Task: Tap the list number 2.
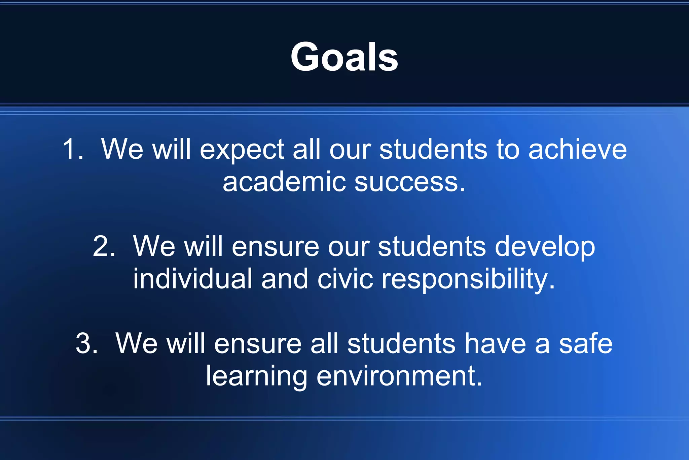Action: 104,246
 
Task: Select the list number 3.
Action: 86,343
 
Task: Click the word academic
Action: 284,182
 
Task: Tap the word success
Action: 410,182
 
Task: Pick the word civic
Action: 345,279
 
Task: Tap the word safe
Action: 586,343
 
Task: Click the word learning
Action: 256,376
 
